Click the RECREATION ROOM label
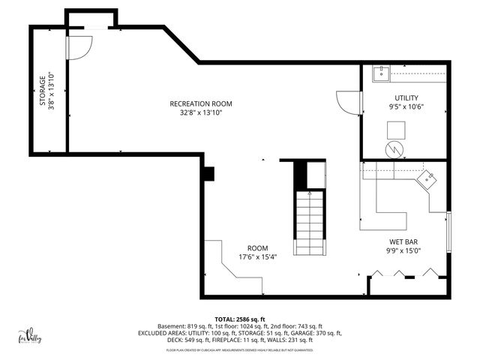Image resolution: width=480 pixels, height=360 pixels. [200, 103]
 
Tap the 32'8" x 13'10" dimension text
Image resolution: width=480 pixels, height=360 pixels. [200, 113]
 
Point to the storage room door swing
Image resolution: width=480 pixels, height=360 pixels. [78, 47]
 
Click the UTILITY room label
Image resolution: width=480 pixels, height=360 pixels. [406, 98]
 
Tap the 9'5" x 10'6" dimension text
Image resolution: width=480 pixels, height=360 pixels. [406, 107]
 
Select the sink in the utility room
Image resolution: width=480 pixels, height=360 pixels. [380, 73]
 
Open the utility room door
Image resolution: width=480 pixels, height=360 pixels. [347, 102]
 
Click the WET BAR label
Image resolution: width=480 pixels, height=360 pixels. [403, 241]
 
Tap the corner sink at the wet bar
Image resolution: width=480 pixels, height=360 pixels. [428, 179]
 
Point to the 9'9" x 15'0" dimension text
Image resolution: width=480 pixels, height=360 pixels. [403, 251]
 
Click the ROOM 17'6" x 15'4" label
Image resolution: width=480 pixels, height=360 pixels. [257, 252]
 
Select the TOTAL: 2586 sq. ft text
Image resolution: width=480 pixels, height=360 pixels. [240, 319]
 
